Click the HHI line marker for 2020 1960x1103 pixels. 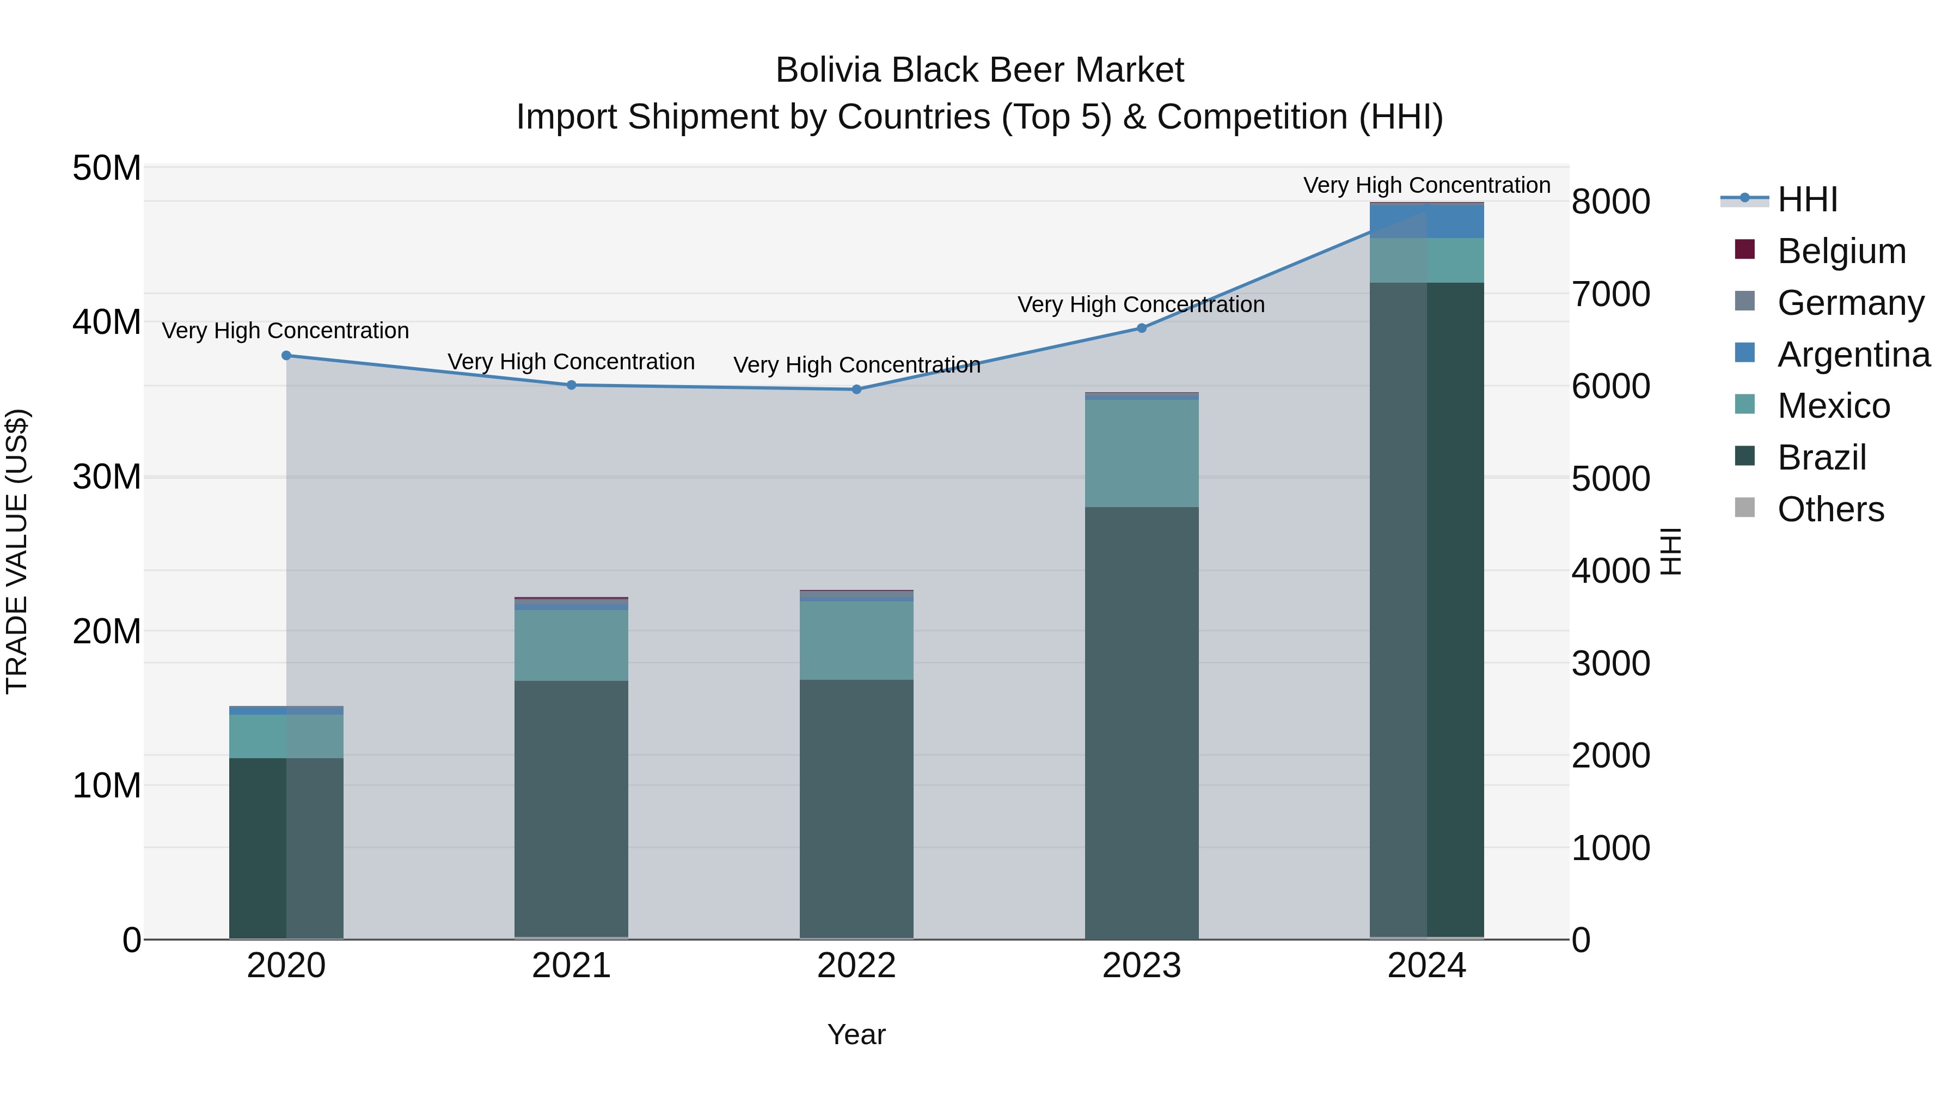286,356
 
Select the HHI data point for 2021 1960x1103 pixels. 572,385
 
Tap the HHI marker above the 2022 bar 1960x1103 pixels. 857,390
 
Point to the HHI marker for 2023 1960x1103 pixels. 1141,328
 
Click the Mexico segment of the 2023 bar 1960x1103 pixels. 1141,453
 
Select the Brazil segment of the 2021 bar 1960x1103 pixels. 572,807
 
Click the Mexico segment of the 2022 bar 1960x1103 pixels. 857,640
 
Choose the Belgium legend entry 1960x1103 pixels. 1841,251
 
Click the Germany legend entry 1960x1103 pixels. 1851,303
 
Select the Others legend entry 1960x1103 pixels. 1830,509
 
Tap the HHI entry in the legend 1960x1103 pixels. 1807,199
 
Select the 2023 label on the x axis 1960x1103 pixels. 1141,966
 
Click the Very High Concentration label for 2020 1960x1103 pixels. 285,331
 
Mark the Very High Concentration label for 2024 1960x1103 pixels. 1426,185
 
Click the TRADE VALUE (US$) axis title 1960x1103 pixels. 17,551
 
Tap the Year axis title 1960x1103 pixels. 857,1034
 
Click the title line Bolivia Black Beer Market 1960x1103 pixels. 979,70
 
